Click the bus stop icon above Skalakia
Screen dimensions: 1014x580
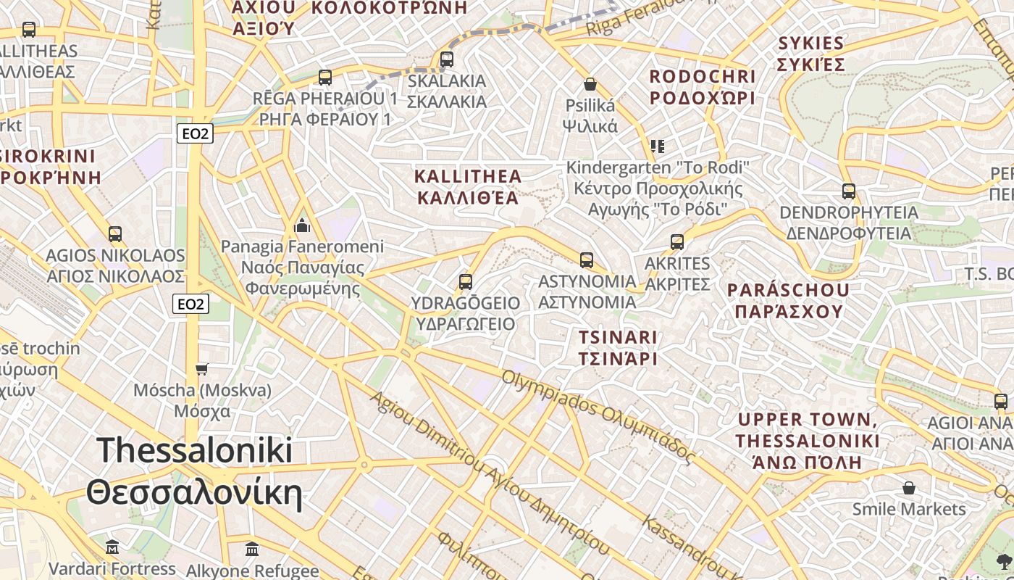point(447,59)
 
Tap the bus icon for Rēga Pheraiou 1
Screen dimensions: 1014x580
point(325,77)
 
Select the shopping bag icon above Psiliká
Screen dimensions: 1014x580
point(590,84)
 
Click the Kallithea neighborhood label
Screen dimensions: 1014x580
point(467,186)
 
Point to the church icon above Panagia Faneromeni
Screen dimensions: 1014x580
point(302,226)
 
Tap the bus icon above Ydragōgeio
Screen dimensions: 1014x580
point(466,281)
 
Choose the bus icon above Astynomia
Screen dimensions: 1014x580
point(587,260)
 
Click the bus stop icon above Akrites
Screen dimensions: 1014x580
point(677,241)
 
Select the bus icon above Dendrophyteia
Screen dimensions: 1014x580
point(849,191)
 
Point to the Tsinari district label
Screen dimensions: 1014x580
point(618,347)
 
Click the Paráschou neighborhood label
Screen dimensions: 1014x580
point(788,300)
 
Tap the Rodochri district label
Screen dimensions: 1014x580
point(702,87)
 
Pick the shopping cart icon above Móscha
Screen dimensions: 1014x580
point(202,370)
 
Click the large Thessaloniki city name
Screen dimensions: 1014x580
point(194,471)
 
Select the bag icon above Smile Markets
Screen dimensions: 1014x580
point(909,488)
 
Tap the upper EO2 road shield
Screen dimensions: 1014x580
point(195,133)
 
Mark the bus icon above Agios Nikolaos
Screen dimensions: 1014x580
point(115,234)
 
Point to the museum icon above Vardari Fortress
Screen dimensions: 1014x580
point(112,547)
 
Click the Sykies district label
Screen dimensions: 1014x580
point(810,54)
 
